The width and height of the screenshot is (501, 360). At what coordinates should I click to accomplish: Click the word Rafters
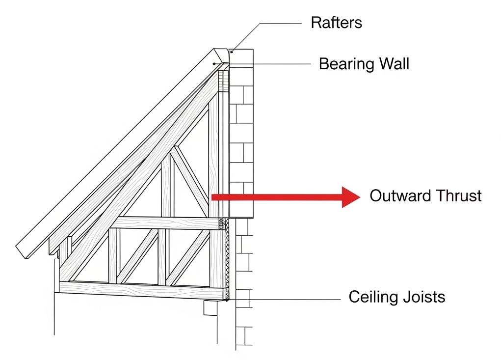tap(336, 23)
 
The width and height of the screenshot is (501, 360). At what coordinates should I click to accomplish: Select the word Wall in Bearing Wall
tap(393, 64)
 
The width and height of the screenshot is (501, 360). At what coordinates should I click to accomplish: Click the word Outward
tap(397, 196)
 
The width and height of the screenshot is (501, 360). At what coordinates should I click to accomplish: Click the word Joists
tap(425, 297)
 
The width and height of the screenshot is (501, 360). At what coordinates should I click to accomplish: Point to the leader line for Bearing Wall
tap(270, 64)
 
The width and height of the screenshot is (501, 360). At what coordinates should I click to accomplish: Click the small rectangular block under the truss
tap(211, 308)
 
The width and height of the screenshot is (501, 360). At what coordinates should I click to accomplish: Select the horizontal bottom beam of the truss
tap(142, 288)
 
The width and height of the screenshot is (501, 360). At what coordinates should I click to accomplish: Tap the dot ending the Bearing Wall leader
tap(214, 64)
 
